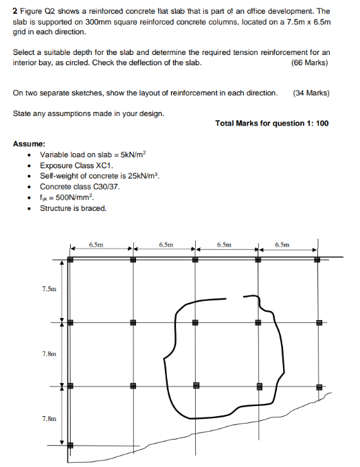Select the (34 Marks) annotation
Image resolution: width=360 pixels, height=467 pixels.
[311, 93]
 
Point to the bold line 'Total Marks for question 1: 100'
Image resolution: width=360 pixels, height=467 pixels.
[272, 123]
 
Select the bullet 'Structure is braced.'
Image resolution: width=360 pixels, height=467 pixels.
[73, 208]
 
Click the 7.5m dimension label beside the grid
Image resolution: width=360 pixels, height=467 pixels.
[49, 289]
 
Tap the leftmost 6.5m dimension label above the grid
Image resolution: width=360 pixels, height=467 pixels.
[96, 244]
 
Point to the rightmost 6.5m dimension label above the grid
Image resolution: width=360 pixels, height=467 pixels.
[282, 244]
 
